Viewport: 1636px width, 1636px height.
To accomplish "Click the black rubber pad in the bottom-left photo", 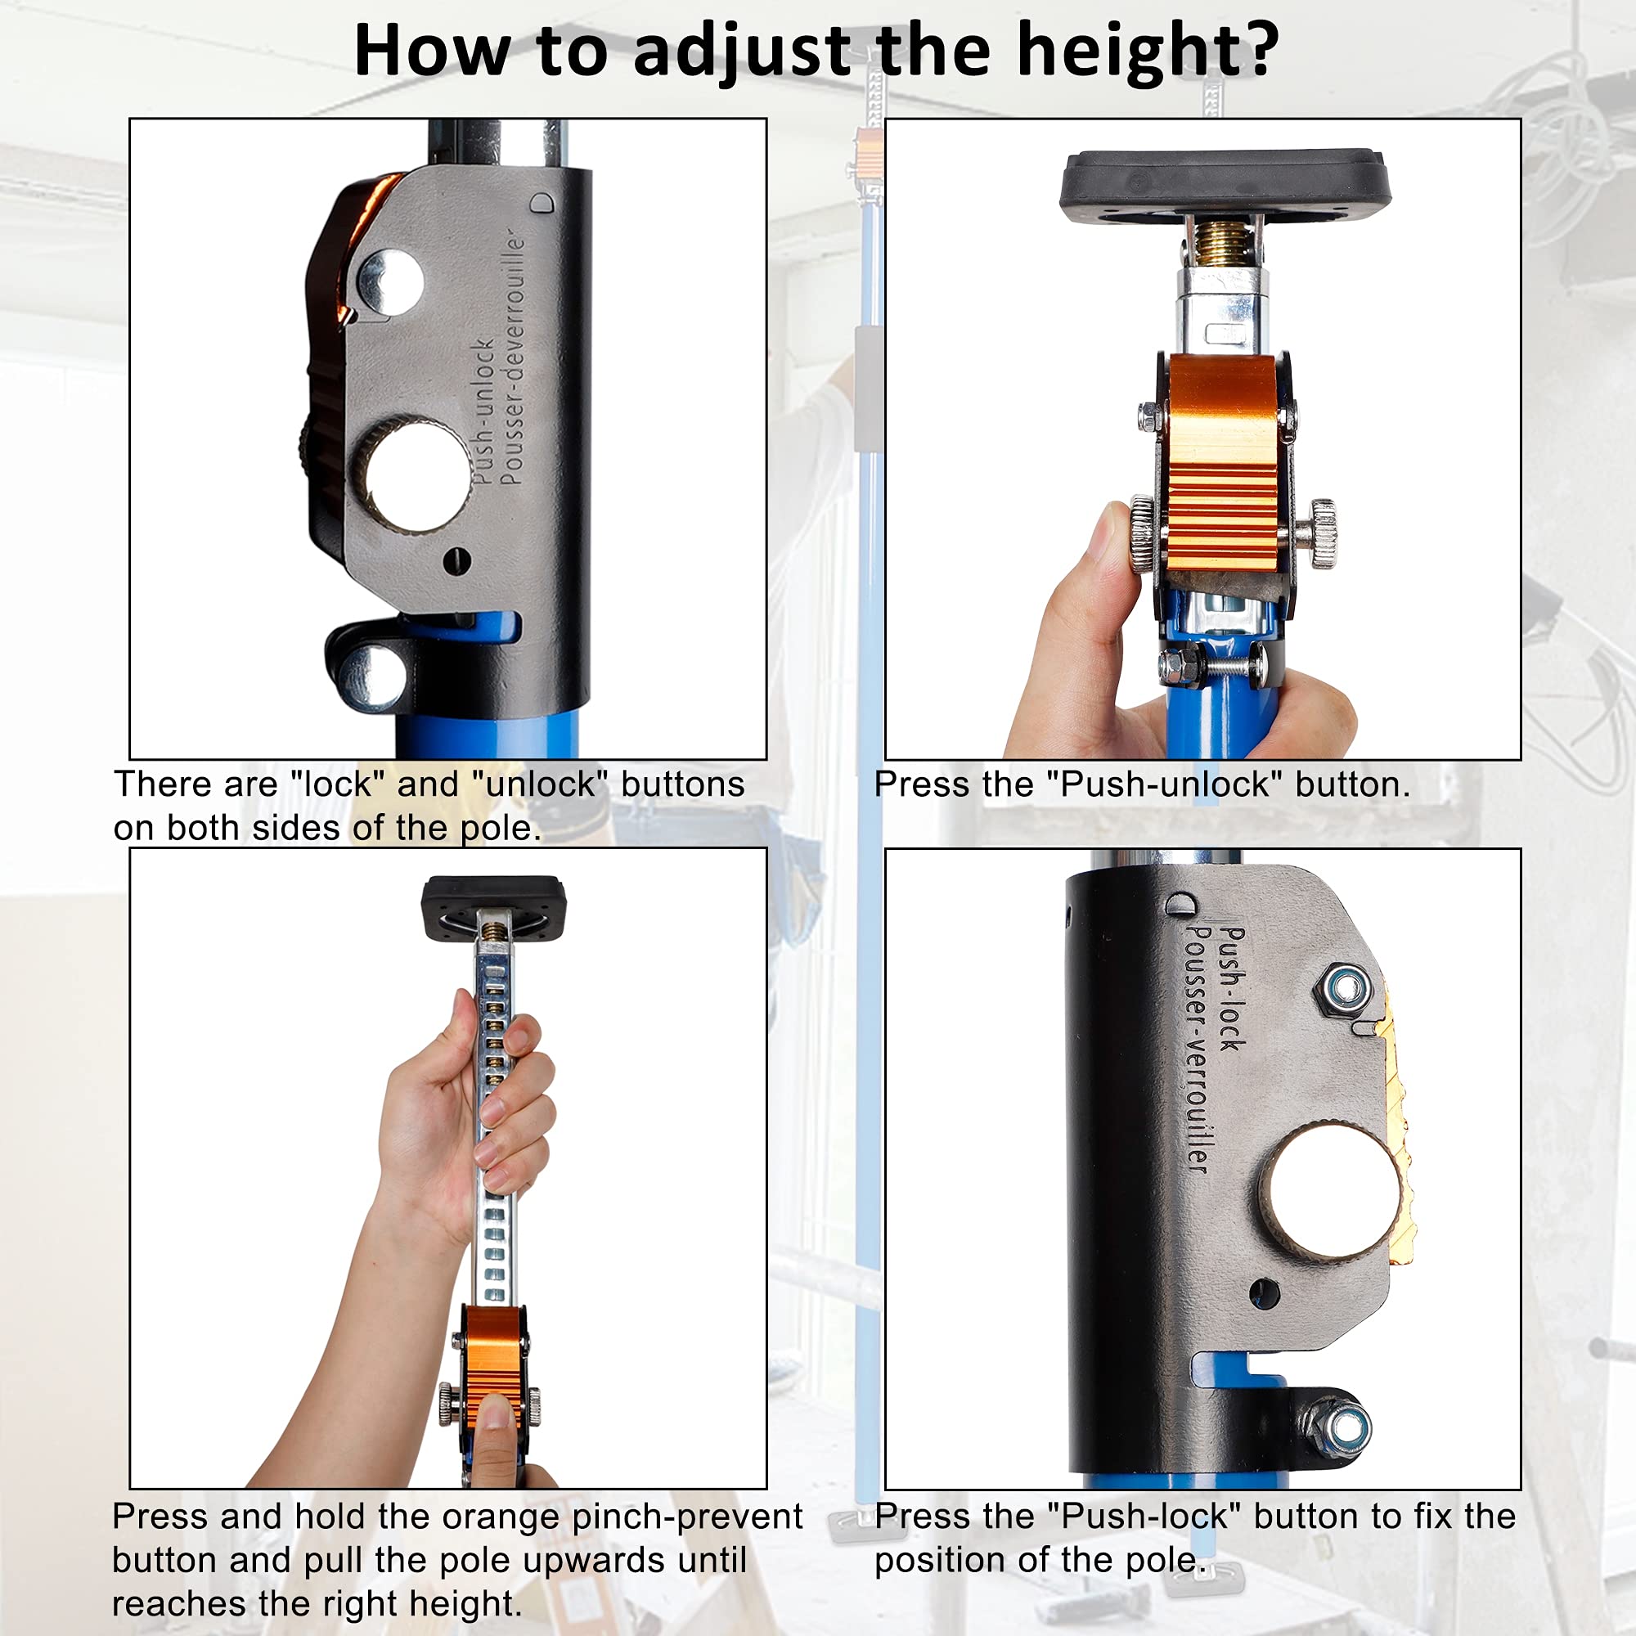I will (494, 906).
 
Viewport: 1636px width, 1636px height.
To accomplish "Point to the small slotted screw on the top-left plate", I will (457, 560).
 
